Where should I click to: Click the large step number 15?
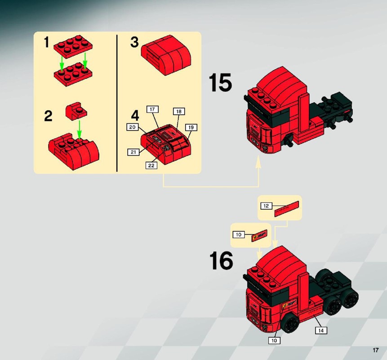pos(220,82)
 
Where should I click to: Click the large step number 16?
pos(221,261)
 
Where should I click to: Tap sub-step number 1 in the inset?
pos(46,42)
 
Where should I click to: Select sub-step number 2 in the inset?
pos(48,116)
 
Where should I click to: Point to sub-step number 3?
pos(134,42)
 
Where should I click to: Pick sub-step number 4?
pos(135,115)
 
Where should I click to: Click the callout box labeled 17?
pos(152,109)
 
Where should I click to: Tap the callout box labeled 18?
pos(179,112)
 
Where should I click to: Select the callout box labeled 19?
pos(191,127)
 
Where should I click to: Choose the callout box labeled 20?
pos(133,127)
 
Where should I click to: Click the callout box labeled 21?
pos(133,152)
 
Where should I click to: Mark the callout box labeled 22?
pos(151,166)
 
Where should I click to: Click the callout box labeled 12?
pos(266,206)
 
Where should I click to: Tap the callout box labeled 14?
pos(321,330)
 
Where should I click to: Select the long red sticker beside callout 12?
pos(287,209)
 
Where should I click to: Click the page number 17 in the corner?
pos(375,350)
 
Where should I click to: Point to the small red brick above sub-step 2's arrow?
pos(76,111)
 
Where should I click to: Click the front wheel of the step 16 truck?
pos(291,323)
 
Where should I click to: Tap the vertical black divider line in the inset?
pos(117,103)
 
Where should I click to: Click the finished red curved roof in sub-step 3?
pos(166,55)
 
